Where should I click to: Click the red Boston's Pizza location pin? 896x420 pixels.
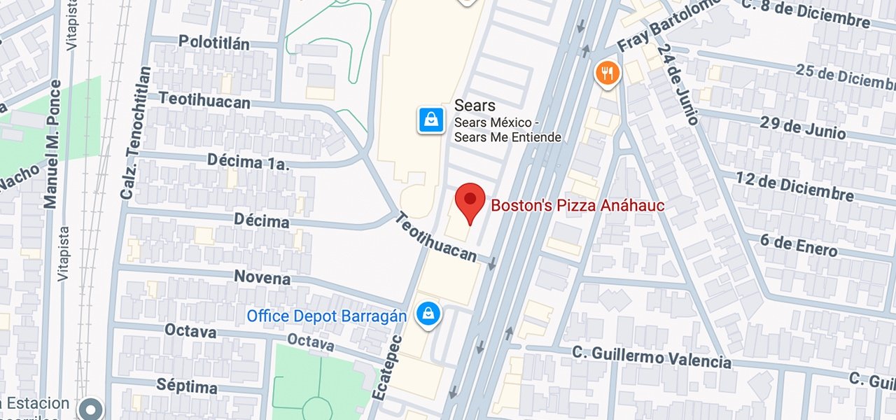(x=470, y=201)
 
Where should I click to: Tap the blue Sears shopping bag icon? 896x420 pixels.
(x=432, y=120)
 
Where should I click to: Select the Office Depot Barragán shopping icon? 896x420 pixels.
(x=427, y=315)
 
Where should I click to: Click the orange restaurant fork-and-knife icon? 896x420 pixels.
(x=608, y=73)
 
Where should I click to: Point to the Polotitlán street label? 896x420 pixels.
(x=213, y=42)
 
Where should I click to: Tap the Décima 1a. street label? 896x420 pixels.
(x=248, y=161)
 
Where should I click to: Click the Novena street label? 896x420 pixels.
(x=262, y=277)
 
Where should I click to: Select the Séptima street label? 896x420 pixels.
(x=186, y=386)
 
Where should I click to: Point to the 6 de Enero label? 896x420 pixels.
(x=798, y=245)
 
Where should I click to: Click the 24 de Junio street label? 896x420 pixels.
(x=678, y=85)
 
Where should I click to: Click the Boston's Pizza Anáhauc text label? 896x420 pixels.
(x=577, y=206)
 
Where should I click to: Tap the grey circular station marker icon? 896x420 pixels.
(x=91, y=408)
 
